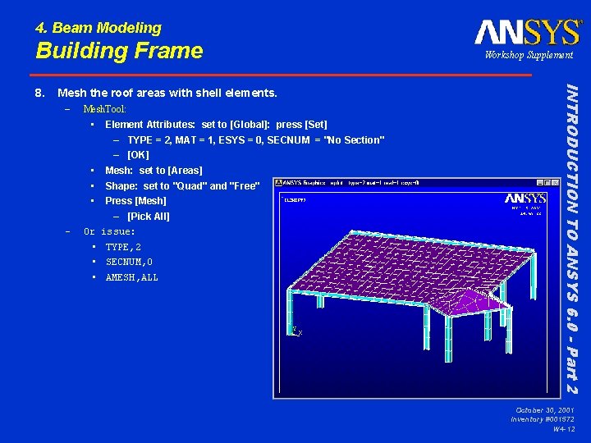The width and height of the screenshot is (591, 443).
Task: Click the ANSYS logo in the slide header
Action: (x=528, y=33)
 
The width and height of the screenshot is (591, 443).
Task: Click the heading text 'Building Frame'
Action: (x=119, y=51)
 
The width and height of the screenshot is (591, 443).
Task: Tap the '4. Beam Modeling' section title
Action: (x=98, y=29)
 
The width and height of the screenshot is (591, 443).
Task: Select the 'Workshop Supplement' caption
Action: (x=529, y=55)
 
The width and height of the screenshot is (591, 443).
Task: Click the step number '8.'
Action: (x=40, y=94)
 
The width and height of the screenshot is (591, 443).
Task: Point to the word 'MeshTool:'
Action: (x=104, y=109)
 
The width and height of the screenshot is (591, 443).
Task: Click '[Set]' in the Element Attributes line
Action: (x=315, y=125)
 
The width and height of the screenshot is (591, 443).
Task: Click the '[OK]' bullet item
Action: (x=138, y=155)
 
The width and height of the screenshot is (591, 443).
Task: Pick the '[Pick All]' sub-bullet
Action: (x=149, y=217)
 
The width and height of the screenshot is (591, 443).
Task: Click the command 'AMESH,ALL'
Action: (x=131, y=277)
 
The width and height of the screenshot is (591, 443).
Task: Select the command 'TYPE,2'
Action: (x=123, y=247)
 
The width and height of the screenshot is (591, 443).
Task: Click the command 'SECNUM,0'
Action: (x=129, y=263)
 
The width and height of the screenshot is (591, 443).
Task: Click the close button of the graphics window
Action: (x=554, y=183)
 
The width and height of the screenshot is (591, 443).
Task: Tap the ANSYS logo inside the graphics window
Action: (x=525, y=199)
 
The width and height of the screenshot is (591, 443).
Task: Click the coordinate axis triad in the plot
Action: (x=295, y=331)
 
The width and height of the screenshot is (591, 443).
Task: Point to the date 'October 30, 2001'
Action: (x=545, y=409)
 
